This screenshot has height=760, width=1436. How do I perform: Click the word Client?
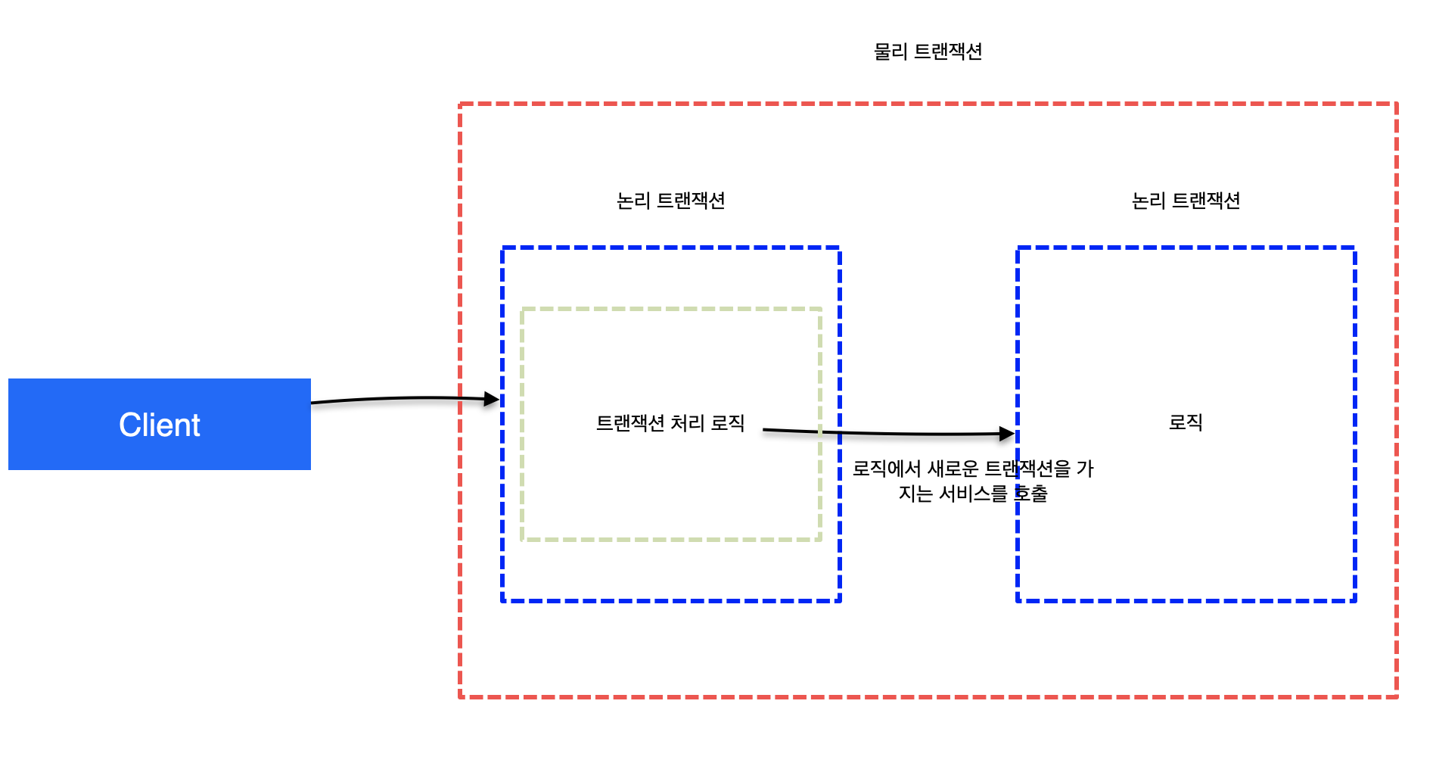(x=159, y=425)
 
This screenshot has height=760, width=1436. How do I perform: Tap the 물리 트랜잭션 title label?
(x=928, y=51)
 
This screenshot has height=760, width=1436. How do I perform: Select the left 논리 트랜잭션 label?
(x=670, y=201)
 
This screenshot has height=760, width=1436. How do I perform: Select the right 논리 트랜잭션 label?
(x=1186, y=201)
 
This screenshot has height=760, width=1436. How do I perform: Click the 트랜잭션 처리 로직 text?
(x=670, y=422)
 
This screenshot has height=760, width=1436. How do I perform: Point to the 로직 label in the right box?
(x=1186, y=422)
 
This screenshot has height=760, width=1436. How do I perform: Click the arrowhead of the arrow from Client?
(x=492, y=399)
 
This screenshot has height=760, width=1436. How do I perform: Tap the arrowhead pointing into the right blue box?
(x=1007, y=434)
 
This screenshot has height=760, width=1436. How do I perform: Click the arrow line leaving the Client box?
(x=393, y=398)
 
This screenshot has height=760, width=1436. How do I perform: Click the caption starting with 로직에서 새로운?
(x=973, y=481)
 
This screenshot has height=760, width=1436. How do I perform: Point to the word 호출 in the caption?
(x=1030, y=494)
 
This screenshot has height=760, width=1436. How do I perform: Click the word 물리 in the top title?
(x=891, y=51)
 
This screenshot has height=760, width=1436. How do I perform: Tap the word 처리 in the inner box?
(x=688, y=422)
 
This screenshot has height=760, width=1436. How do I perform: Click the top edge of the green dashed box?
(x=671, y=309)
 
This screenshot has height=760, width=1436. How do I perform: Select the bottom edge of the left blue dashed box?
(x=671, y=600)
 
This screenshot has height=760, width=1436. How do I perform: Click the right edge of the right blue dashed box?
(x=1354, y=424)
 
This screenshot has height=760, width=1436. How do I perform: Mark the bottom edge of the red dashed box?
(x=928, y=696)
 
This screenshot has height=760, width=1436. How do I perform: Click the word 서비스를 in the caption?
(x=973, y=494)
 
